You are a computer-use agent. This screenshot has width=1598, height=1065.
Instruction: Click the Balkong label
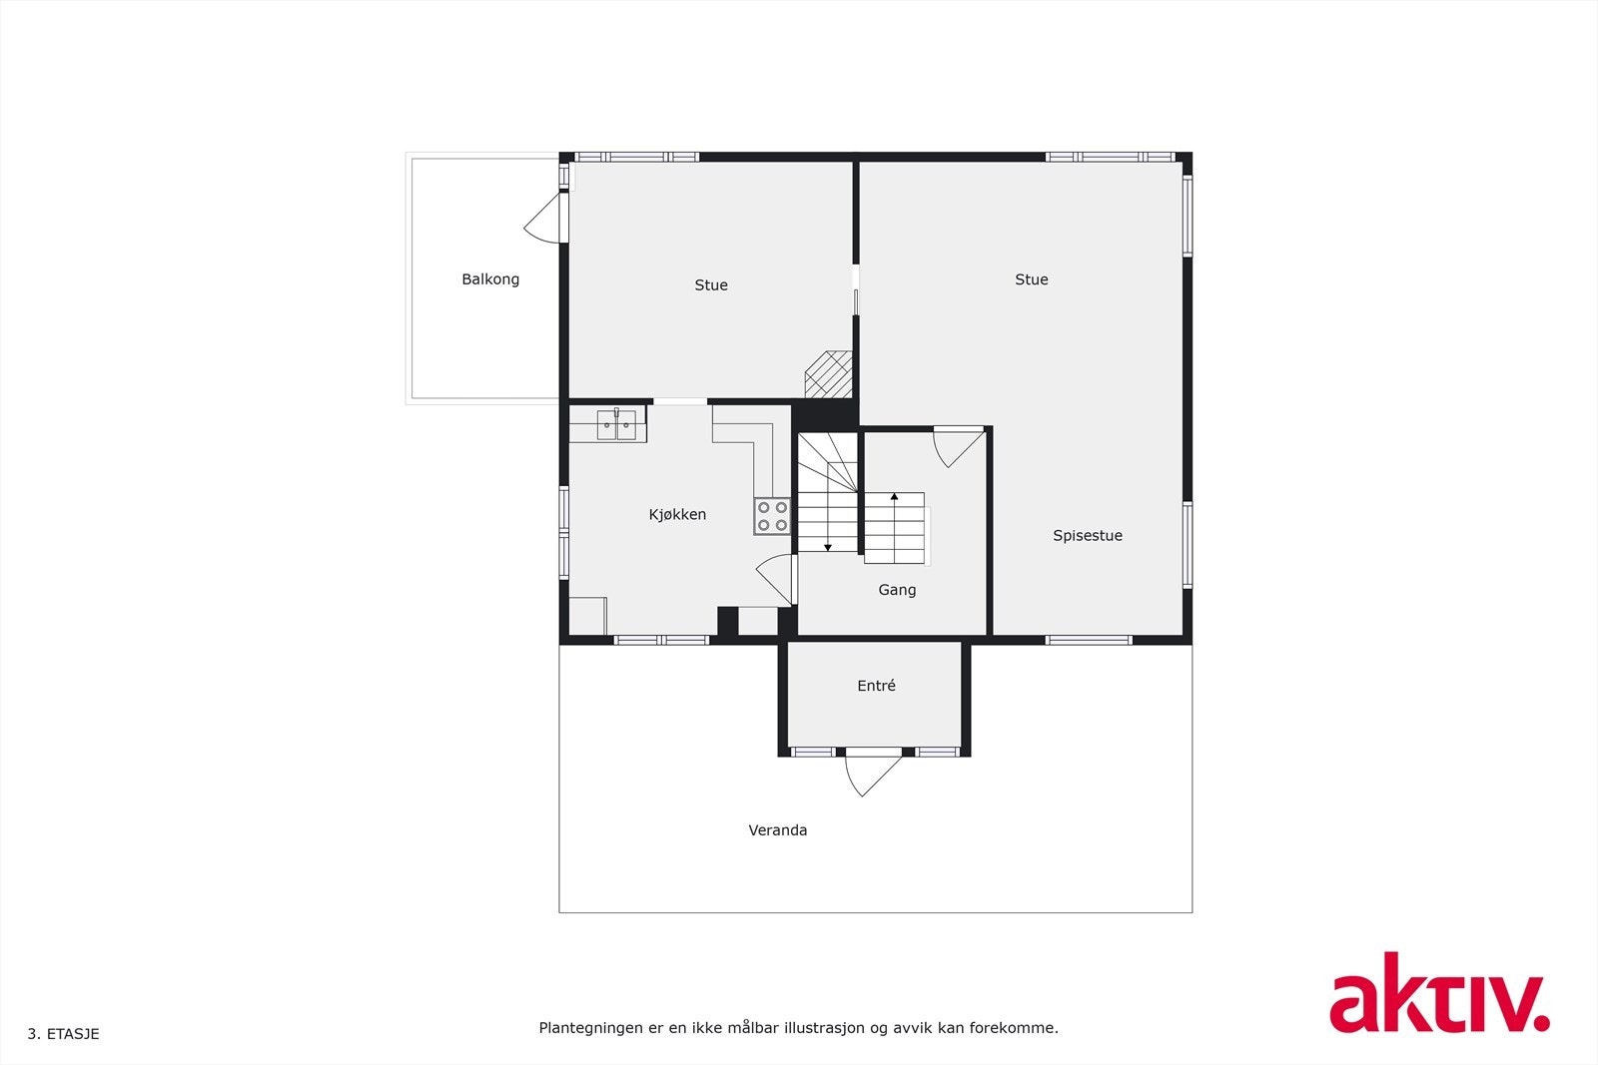pyautogui.click(x=490, y=279)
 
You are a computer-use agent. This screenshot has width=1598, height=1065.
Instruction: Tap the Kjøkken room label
pyautogui.click(x=677, y=515)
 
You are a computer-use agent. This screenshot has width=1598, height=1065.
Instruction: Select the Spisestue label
pyautogui.click(x=1088, y=536)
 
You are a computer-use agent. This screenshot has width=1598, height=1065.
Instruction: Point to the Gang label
pyautogui.click(x=897, y=590)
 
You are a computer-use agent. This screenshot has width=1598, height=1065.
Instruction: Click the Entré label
pyautogui.click(x=876, y=686)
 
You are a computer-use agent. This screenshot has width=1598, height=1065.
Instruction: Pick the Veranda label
pyautogui.click(x=778, y=830)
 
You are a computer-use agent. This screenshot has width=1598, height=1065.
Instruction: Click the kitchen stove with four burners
pyautogui.click(x=772, y=516)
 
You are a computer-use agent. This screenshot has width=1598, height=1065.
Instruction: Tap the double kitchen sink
pyautogui.click(x=616, y=425)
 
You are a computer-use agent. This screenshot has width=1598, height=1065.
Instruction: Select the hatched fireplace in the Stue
pyautogui.click(x=829, y=374)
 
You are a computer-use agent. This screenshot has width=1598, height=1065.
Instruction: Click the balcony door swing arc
pyautogui.click(x=542, y=220)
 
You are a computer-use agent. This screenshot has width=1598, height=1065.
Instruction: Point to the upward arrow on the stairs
pyautogui.click(x=895, y=496)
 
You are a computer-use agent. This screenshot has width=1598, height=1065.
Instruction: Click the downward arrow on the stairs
pyautogui.click(x=828, y=546)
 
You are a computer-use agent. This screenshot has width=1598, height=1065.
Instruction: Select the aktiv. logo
pyautogui.click(x=1439, y=993)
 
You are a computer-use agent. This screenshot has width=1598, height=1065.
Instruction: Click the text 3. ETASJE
pyautogui.click(x=63, y=1034)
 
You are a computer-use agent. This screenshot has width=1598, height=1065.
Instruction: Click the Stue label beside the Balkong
pyautogui.click(x=711, y=285)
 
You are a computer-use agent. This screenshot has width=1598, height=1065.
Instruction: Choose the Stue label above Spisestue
pyautogui.click(x=1032, y=280)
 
